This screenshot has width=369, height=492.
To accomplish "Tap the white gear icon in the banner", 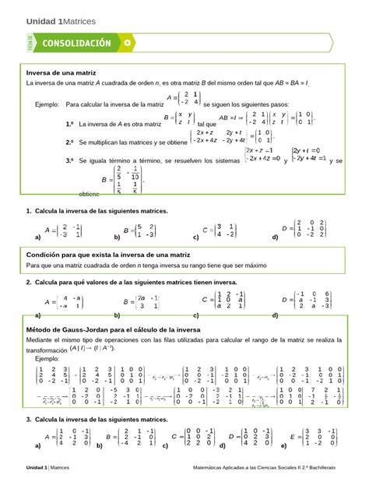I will [x=128, y=42].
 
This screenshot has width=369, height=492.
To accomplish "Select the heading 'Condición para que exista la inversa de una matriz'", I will [x=108, y=255].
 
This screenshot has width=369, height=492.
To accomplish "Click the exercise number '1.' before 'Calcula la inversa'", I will [x=29, y=211].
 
